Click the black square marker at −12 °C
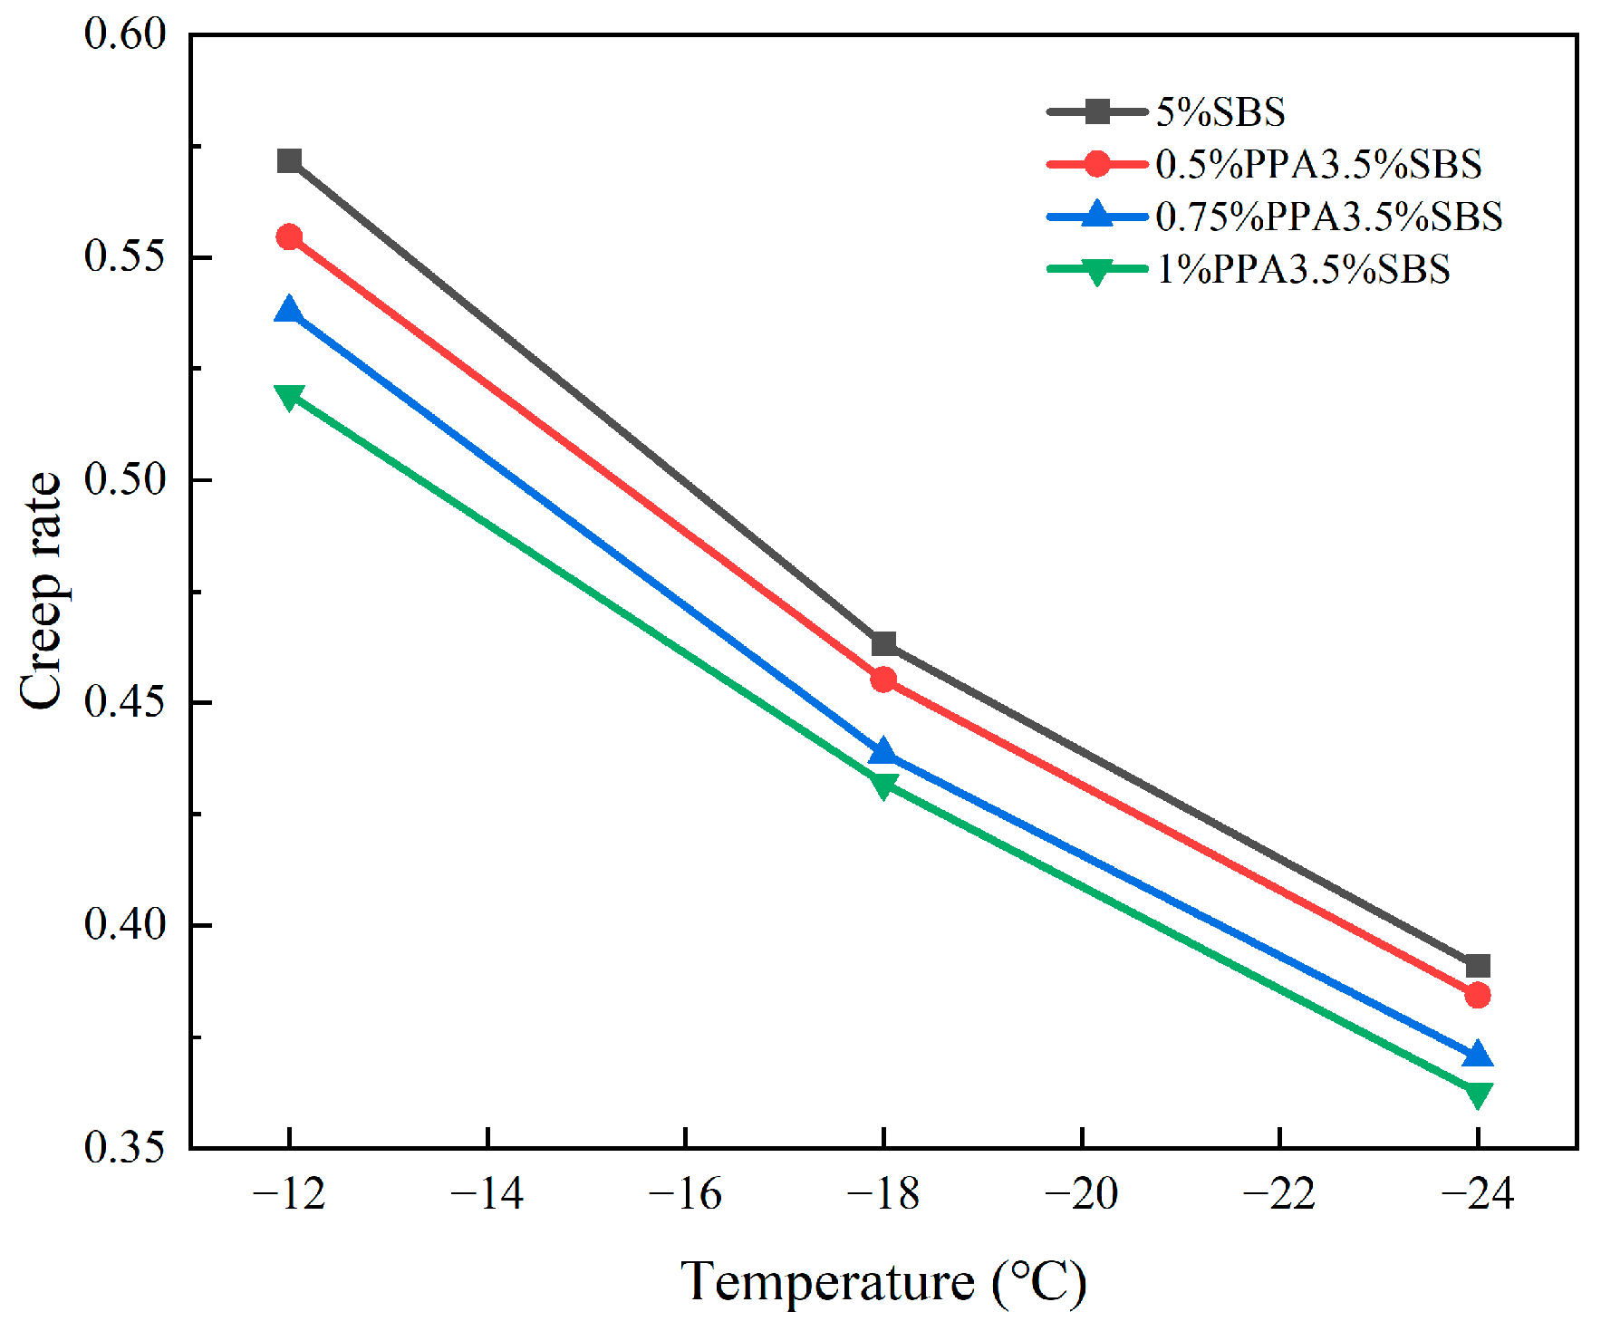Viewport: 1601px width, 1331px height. [289, 161]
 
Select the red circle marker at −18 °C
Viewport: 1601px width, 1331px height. [883, 680]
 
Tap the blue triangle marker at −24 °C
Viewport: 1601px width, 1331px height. [1478, 1056]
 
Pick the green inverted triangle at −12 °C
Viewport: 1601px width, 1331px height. [289, 396]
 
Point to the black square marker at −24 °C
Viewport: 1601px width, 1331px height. [1478, 966]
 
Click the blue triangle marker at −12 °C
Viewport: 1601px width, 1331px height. [289, 311]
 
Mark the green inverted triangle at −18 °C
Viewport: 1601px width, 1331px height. [883, 784]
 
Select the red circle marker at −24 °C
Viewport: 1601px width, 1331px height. [1478, 995]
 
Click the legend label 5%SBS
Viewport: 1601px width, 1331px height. [1220, 112]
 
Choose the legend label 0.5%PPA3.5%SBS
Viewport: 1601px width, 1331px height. [1318, 164]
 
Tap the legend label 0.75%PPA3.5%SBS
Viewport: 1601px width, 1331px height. [1329, 217]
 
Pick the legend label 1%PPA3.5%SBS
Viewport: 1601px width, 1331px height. [1303, 269]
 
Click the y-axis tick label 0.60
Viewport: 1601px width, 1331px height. [125, 34]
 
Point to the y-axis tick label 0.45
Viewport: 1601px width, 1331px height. [125, 702]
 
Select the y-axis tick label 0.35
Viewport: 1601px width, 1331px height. [125, 1147]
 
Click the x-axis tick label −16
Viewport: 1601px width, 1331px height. [685, 1194]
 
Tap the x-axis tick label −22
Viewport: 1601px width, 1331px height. [1279, 1194]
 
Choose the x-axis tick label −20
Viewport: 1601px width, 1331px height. [1082, 1194]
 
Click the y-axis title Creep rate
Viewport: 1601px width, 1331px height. [41, 591]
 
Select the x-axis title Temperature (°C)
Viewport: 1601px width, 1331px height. [883, 1282]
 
